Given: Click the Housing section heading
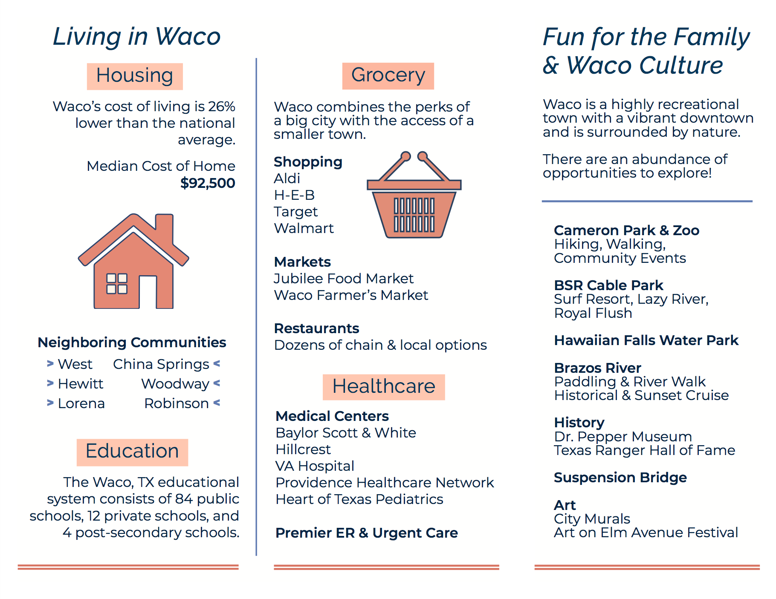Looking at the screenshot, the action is pos(135,76).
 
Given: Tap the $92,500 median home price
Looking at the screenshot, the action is pos(208,183).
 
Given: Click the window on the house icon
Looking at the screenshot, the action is pos(117,284).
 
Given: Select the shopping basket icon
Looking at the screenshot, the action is pos(414,195).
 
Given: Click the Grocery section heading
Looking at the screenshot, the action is pos(388,75).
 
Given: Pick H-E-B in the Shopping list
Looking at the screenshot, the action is pos(294,195).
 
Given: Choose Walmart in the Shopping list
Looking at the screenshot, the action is pos(304,228).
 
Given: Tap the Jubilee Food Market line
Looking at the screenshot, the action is pos(344,279).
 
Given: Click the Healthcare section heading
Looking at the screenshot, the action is pos(384,387).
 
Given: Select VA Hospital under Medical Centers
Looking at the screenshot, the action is pos(315,466).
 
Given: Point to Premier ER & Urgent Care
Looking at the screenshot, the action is pos(367,533).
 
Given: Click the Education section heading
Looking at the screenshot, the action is pos(132,452).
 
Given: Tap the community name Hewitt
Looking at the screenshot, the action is pos(81,384).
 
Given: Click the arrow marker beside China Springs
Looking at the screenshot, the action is pos(217,364).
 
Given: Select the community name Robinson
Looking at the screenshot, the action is pos(177,403).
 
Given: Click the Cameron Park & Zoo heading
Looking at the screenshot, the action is pos(627,230).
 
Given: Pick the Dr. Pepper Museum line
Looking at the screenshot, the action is pos(623,437).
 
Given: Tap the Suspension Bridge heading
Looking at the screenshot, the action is pos(620,478).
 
